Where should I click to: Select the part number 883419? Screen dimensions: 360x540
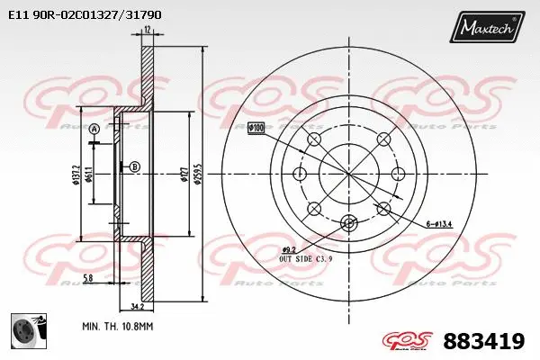pos(484,341)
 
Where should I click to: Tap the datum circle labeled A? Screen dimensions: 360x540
pos(93,130)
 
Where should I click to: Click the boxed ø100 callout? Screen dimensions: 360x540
pos(256,128)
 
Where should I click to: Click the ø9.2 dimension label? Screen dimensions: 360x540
pos(289,248)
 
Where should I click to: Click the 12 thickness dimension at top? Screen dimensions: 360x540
pos(147,31)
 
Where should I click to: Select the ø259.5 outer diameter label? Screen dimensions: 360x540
pos(207,170)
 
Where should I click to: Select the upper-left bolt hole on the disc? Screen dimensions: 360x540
pos(314,139)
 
